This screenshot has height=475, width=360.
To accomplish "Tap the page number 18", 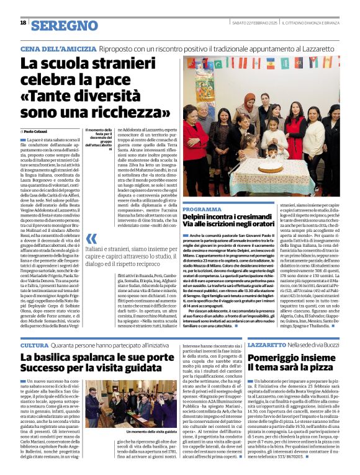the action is (x=23, y=23).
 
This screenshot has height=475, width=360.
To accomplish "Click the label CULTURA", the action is (x=34, y=344).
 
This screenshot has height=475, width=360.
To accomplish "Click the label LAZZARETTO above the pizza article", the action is (x=267, y=344).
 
